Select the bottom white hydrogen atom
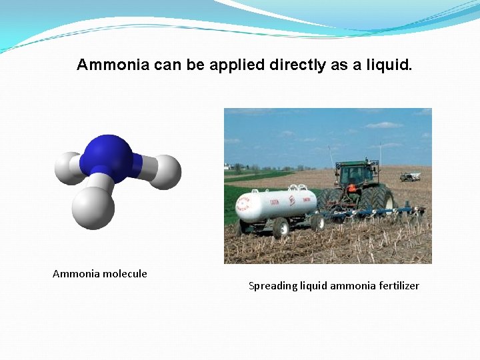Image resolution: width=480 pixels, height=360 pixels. point(94,207)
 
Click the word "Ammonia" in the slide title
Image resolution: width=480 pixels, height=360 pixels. point(113,65)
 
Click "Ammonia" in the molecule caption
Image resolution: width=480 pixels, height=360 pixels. point(74,273)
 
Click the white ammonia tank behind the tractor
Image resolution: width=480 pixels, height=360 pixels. point(277,205)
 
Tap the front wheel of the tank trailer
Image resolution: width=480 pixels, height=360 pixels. point(280,227)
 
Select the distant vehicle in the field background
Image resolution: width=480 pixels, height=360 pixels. point(409,176)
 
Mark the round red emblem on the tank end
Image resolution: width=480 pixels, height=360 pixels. point(291,199)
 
